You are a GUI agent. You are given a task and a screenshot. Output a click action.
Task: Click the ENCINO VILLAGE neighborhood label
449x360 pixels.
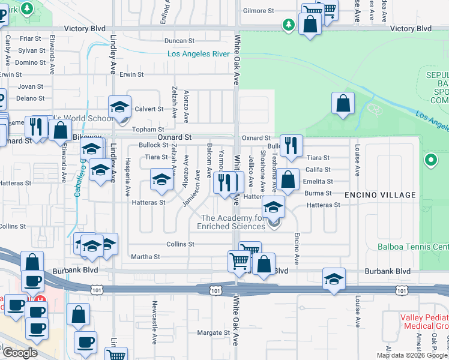[380, 195]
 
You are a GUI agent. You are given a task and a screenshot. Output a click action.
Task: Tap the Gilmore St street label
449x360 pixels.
[258, 11]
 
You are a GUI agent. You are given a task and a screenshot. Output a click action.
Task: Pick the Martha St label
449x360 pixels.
[145, 257]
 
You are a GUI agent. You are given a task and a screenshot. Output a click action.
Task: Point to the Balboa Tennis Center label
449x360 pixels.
[413, 247]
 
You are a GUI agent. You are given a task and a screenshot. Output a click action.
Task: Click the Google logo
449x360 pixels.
[20, 353]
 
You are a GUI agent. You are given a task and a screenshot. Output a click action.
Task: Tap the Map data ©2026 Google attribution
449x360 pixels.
[412, 355]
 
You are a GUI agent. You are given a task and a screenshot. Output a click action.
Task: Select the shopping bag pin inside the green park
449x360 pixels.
[342, 103]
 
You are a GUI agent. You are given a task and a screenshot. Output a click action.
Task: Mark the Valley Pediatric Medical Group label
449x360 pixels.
[424, 322]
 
